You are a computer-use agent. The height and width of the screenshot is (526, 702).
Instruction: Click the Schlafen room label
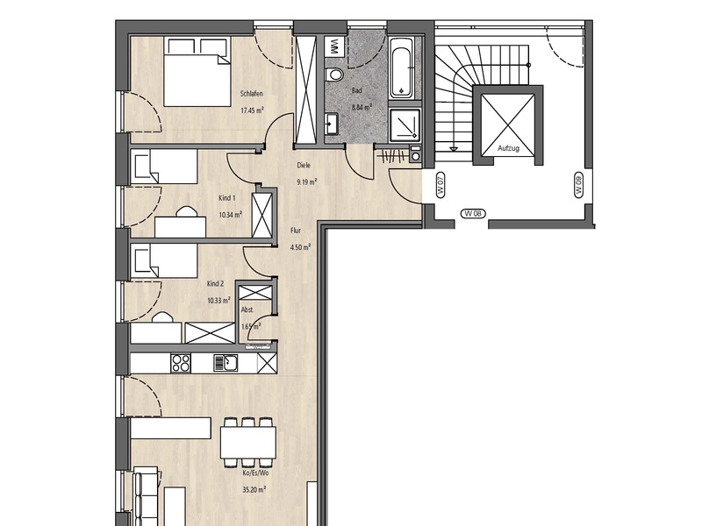click(252, 94)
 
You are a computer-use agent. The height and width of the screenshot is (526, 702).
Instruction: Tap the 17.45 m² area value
click(252, 110)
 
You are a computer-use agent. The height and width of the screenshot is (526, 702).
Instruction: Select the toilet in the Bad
click(334, 75)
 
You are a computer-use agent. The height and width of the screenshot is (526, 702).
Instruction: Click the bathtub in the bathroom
click(403, 68)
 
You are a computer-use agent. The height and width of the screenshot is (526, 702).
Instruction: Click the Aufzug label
click(508, 148)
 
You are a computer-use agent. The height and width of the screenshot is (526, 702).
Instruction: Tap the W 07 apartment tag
click(441, 185)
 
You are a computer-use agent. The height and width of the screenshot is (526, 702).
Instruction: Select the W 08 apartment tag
click(473, 213)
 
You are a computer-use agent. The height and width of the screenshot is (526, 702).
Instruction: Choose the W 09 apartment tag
click(578, 185)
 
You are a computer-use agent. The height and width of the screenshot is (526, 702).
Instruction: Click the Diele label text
click(304, 166)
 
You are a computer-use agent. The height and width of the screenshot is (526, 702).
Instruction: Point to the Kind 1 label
click(227, 198)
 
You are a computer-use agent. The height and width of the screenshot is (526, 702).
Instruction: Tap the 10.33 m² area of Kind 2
click(218, 300)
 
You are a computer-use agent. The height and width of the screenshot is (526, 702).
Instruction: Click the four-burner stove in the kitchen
click(181, 363)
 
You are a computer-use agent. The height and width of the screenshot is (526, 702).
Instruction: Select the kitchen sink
click(226, 363)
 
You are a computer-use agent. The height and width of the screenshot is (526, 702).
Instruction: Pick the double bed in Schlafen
click(197, 72)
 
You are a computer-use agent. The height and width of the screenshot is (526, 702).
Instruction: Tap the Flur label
click(296, 231)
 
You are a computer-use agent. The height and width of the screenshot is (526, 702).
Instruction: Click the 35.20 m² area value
click(254, 490)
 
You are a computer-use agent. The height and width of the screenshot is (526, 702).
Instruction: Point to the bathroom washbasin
click(332, 123)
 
